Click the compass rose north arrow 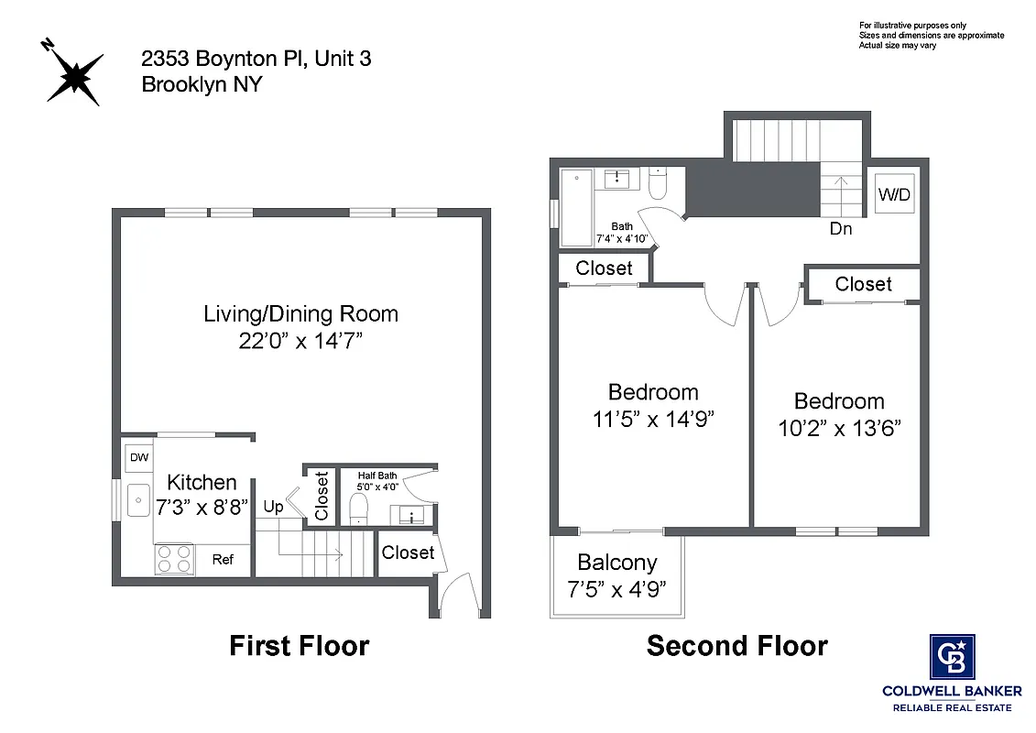coord(72,73)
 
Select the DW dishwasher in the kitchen coord(138,457)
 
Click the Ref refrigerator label coord(223,559)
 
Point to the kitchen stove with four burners coord(174,559)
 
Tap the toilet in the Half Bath coord(358,508)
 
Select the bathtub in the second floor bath coord(576,208)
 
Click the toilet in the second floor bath coord(658,186)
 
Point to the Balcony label coord(616,563)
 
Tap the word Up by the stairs coord(273,507)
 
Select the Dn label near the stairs coord(840,229)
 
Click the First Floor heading coord(299,646)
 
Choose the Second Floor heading coord(736,646)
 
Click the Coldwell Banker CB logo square coord(952,657)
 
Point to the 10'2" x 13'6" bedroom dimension coord(839,429)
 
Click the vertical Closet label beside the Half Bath coord(322,496)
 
